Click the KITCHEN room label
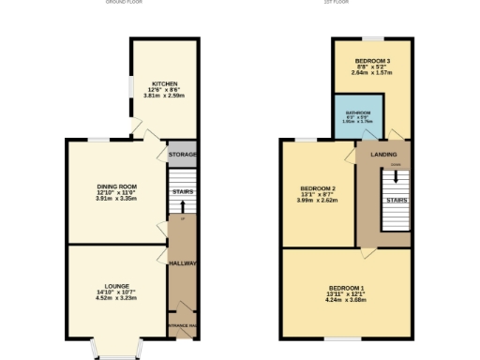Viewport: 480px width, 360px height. click(x=165, y=83)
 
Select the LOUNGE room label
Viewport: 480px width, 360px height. click(x=116, y=285)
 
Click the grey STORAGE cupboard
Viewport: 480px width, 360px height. click(x=182, y=155)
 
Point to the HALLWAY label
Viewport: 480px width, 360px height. click(x=182, y=263)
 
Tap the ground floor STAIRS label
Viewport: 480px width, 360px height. click(x=182, y=191)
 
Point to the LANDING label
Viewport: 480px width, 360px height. click(x=384, y=154)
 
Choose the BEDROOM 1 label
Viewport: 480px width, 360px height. click(x=347, y=287)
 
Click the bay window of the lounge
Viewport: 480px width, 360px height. click(x=117, y=352)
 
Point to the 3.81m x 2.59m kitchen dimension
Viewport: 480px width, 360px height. click(x=165, y=97)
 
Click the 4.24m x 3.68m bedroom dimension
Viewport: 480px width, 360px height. click(x=347, y=300)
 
